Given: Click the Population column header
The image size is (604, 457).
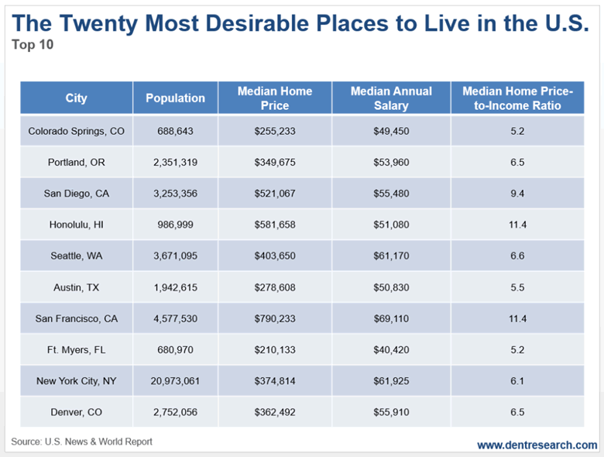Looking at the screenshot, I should (176, 98).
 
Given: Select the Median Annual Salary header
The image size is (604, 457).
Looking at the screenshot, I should (391, 98).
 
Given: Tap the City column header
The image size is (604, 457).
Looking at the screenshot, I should (76, 98).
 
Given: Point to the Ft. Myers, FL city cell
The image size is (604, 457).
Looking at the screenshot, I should (76, 349).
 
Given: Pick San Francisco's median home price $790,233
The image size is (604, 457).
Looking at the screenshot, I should (275, 318).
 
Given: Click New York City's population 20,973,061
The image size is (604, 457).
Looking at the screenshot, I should (176, 380).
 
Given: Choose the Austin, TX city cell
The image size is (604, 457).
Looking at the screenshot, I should (76, 287).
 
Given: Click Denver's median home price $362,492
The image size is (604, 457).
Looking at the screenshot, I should (275, 412).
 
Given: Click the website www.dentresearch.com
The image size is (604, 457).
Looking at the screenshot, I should (537, 445).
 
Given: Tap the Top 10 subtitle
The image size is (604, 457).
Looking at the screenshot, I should (32, 44).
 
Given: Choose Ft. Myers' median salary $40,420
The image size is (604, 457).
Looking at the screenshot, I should (391, 349).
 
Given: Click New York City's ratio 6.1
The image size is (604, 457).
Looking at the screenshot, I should (517, 380).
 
